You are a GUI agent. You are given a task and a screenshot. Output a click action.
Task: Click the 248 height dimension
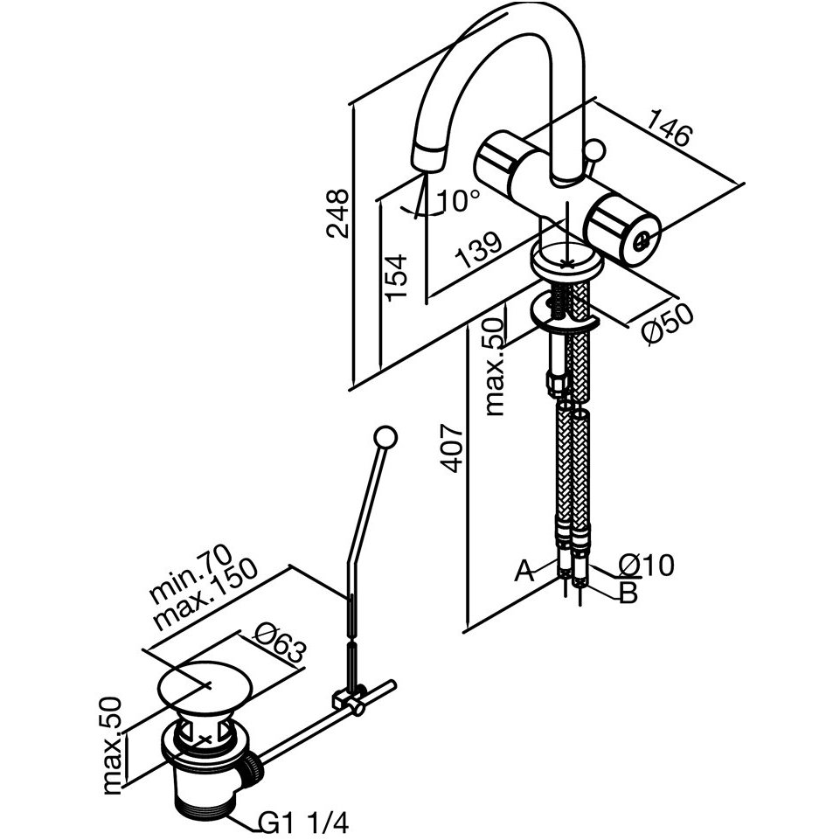click(x=337, y=213)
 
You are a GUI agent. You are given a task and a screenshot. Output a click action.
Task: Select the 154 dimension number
click(x=396, y=278)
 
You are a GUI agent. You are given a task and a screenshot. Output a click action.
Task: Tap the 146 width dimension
click(x=670, y=128)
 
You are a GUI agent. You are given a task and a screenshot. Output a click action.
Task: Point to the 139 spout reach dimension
click(x=478, y=250)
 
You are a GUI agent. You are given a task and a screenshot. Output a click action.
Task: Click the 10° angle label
click(x=458, y=201)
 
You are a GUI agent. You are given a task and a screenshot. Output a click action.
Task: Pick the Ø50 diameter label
click(x=668, y=325)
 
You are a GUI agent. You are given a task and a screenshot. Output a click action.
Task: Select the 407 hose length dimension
click(x=451, y=449)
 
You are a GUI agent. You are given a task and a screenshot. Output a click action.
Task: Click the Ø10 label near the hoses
click(x=647, y=566)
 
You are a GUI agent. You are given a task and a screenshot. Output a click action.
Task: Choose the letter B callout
click(x=628, y=593)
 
